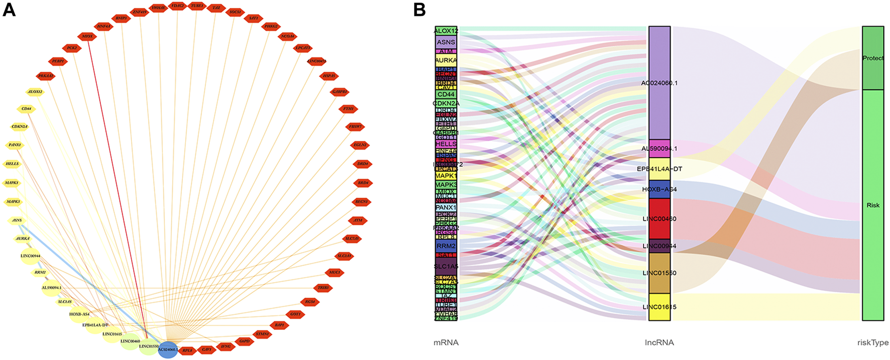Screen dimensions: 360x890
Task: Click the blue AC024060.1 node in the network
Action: (168, 349)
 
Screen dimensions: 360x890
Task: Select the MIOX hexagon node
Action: (87, 36)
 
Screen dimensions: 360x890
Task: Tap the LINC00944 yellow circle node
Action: (31, 256)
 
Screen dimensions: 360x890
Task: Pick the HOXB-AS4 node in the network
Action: (79, 314)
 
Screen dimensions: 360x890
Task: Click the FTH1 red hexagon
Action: (348, 108)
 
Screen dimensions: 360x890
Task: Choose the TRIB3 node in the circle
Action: (323, 288)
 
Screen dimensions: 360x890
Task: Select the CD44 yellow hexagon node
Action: (26, 108)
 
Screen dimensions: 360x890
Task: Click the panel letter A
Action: (9, 10)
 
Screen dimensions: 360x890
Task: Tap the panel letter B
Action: (419, 10)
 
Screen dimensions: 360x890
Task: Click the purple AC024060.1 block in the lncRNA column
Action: (659, 83)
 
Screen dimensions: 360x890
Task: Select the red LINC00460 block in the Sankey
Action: (659, 219)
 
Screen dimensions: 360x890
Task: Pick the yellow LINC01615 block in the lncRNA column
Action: (659, 307)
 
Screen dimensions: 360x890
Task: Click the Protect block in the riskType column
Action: (873, 58)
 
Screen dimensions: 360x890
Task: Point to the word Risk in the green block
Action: (873, 205)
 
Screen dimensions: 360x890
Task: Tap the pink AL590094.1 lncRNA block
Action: (659, 149)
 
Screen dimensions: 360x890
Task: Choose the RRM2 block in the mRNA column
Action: (446, 246)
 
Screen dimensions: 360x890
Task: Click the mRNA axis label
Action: (446, 343)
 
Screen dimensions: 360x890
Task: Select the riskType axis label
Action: (873, 343)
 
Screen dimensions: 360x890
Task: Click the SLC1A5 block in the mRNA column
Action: (446, 266)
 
